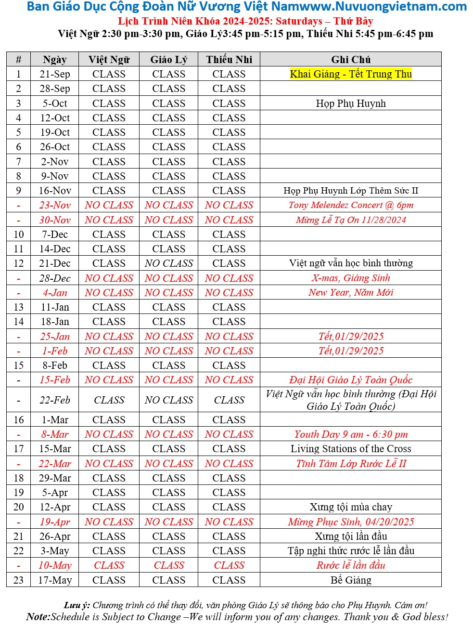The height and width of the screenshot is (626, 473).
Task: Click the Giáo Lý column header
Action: (168, 60)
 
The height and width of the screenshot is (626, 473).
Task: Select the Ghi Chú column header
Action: (351, 60)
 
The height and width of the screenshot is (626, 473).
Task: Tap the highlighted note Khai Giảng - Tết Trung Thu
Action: (351, 74)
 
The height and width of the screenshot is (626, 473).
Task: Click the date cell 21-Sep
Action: (55, 74)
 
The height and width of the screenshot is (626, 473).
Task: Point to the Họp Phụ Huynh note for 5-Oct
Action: (351, 104)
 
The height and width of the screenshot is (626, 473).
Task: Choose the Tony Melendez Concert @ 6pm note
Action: (351, 205)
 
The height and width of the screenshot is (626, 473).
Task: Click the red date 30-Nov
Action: (55, 220)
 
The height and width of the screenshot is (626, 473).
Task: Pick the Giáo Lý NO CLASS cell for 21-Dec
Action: (168, 263)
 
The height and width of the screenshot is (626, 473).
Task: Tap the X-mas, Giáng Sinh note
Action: (351, 278)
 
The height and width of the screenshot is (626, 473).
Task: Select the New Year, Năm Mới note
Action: (351, 293)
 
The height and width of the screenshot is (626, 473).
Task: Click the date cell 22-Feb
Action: (55, 400)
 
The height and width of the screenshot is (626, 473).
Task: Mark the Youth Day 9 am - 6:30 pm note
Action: (351, 434)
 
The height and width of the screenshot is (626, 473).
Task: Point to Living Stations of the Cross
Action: (351, 449)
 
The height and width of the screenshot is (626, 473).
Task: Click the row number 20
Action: (18, 507)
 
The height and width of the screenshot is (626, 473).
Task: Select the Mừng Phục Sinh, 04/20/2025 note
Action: (351, 522)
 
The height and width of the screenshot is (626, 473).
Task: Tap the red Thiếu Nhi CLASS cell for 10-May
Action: (229, 565)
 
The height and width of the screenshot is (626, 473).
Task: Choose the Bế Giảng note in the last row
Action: (351, 580)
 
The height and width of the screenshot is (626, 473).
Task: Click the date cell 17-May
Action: (55, 580)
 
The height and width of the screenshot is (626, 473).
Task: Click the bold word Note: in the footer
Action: (38, 617)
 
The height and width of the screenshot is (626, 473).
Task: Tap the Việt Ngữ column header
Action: (109, 60)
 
